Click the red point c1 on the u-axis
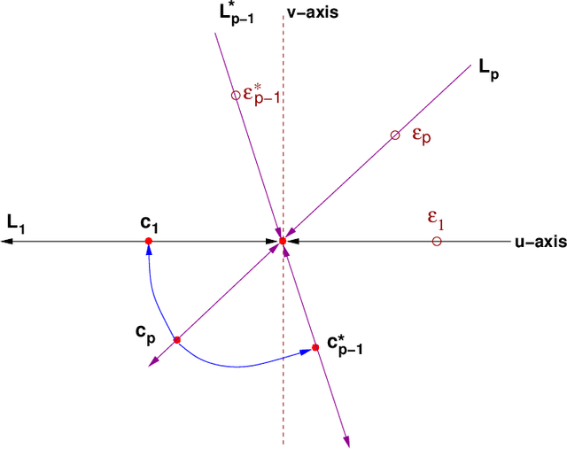click(x=149, y=241)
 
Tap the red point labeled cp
click(x=177, y=340)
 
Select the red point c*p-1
click(x=315, y=349)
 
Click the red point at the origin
click(x=283, y=241)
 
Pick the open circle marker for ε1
click(x=436, y=241)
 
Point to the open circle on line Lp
click(x=395, y=135)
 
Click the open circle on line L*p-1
click(x=236, y=95)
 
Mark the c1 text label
click(x=150, y=221)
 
